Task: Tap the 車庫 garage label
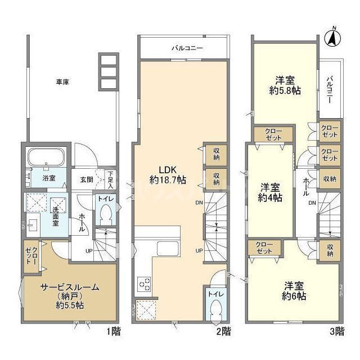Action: pos(62,82)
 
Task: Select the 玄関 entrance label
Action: pos(86,179)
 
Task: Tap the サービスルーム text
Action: pos(69,287)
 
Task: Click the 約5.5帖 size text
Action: pos(69,305)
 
